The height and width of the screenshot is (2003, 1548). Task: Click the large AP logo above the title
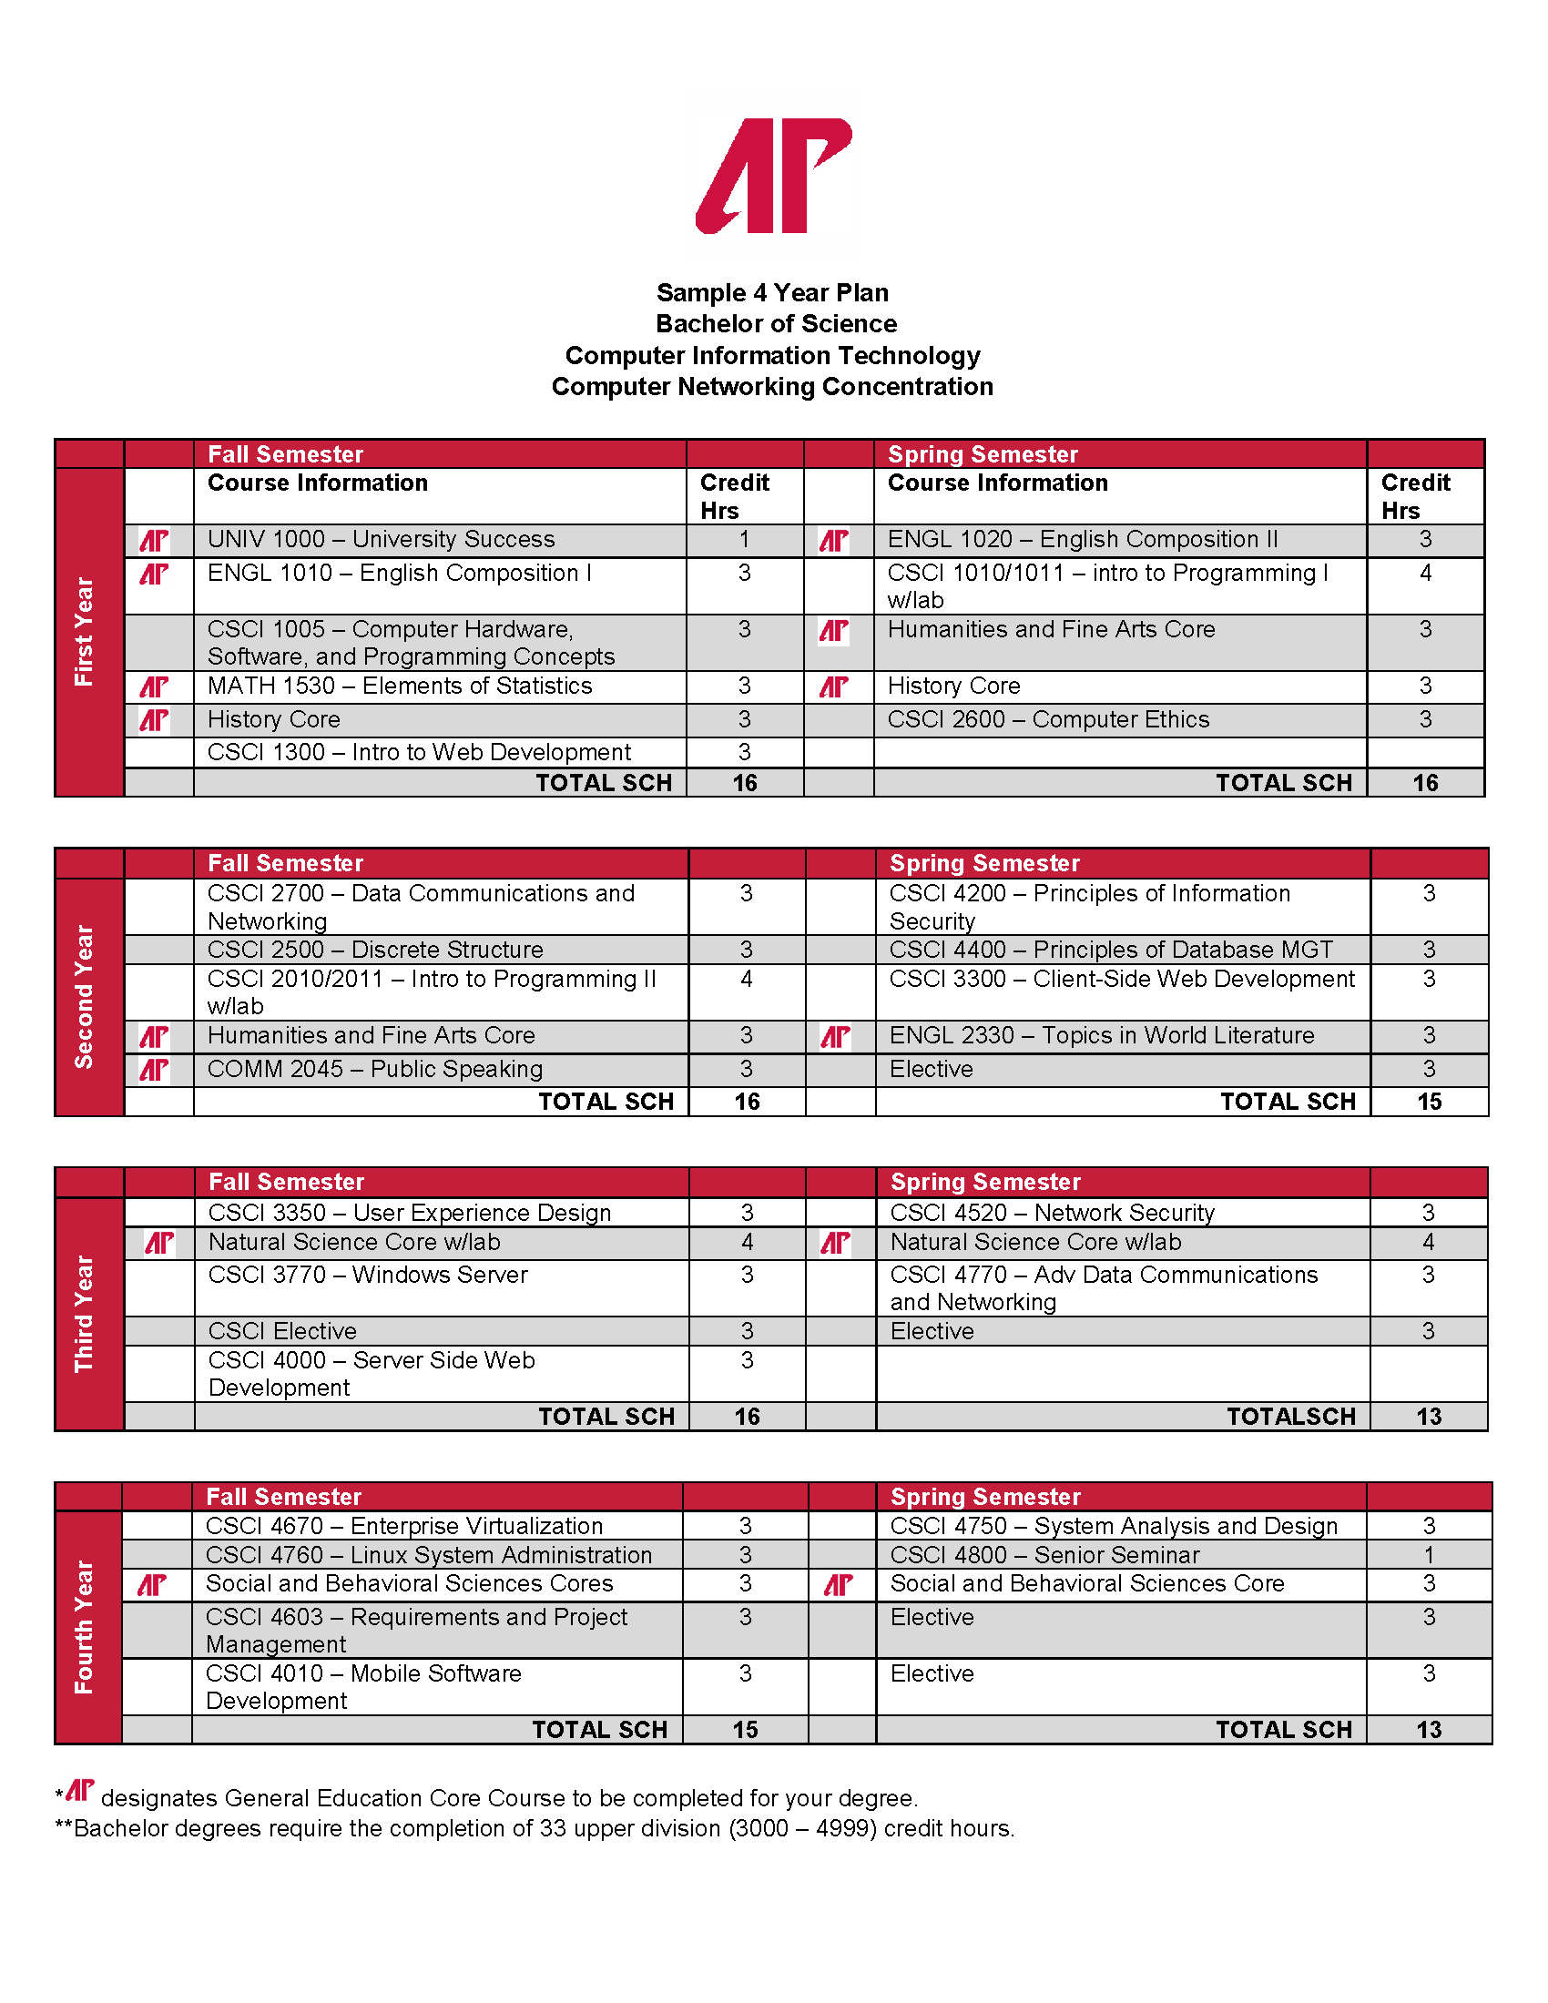click(774, 175)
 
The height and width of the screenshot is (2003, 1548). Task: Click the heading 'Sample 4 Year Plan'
click(772, 292)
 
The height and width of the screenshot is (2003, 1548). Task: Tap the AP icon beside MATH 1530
click(154, 686)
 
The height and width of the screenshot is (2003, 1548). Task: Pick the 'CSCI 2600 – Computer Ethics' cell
click(1048, 720)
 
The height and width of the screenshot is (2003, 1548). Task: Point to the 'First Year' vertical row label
click(85, 631)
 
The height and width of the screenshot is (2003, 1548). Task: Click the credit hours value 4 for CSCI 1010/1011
click(1425, 574)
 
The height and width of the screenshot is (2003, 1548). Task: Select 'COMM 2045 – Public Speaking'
click(375, 1070)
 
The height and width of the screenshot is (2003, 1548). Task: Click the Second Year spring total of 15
click(1429, 1102)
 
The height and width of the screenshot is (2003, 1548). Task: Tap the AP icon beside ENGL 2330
click(835, 1037)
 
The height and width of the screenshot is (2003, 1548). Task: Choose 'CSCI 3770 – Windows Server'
click(368, 1275)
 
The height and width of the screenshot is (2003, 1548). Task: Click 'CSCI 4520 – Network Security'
click(1052, 1213)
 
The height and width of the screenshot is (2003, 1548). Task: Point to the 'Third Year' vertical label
click(85, 1313)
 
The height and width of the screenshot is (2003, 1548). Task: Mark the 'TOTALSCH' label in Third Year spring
click(1290, 1417)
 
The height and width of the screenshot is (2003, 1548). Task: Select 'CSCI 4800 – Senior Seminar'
click(1044, 1555)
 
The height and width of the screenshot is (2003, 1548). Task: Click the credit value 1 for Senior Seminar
click(1429, 1555)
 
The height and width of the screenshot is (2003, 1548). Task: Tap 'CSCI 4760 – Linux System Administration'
click(428, 1555)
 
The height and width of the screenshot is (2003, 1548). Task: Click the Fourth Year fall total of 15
click(745, 1730)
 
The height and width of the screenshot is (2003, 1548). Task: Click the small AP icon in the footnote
click(80, 1790)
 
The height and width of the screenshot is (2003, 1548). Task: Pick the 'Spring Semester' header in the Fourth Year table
click(985, 1497)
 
